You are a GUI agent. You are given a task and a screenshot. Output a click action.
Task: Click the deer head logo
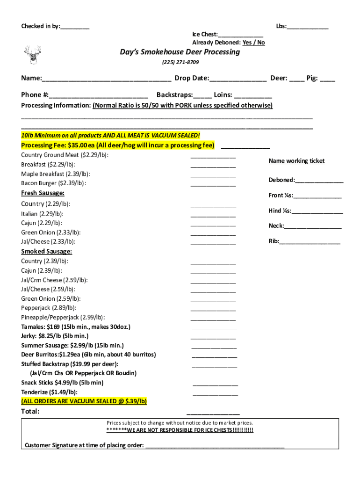coord(32,55)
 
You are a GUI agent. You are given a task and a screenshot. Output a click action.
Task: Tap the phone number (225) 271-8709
coord(180,62)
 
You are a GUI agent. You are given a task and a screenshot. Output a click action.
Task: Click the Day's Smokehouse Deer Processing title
coord(180,52)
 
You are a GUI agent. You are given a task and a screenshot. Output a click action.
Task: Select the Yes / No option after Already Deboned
coord(253,43)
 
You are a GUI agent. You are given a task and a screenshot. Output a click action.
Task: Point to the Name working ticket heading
coord(296,161)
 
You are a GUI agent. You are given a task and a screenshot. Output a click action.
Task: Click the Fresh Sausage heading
coord(43,193)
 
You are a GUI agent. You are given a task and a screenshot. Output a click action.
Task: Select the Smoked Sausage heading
coord(46,251)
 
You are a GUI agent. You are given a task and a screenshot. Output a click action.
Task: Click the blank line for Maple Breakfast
coord(213,175)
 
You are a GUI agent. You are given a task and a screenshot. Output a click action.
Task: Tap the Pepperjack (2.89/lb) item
coord(49,308)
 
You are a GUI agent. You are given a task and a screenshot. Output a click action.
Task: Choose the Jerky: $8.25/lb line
coord(55,336)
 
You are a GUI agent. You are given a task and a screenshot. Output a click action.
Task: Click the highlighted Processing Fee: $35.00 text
coord(117,145)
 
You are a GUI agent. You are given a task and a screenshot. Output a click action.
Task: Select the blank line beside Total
coord(213,413)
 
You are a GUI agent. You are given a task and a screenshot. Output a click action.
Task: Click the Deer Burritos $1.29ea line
coord(88,355)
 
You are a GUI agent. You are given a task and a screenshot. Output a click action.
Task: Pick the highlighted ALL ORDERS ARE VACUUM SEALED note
coord(84,401)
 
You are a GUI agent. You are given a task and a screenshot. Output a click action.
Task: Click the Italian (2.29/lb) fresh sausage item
coord(42,214)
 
